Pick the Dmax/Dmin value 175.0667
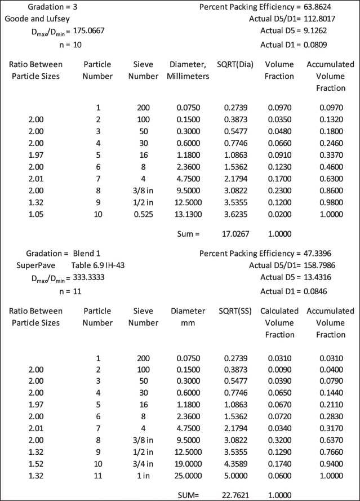[x=85, y=32]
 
